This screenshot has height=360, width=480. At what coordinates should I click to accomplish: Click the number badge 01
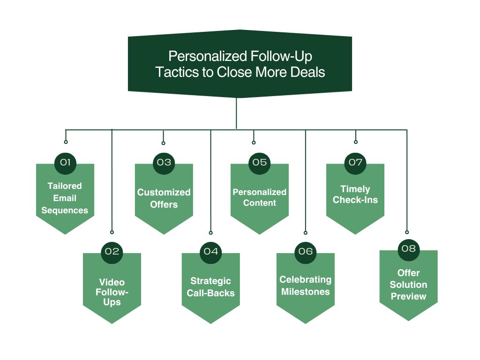(65, 163)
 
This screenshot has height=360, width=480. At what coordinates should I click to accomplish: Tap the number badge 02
(112, 251)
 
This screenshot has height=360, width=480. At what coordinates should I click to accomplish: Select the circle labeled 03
(164, 163)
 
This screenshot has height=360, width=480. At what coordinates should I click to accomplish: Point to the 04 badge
(211, 251)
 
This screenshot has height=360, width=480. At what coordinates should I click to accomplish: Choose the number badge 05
(259, 163)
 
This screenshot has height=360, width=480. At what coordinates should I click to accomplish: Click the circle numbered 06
(306, 251)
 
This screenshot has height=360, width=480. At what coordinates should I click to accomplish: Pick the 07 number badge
(355, 163)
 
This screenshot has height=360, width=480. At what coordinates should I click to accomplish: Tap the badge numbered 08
(408, 248)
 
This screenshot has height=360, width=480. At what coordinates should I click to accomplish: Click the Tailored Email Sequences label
(65, 198)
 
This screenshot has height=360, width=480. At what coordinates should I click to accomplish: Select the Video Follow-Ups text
(112, 292)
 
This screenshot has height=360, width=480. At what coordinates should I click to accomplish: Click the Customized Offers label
(164, 198)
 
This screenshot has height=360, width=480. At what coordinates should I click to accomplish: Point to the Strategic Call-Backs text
(210, 287)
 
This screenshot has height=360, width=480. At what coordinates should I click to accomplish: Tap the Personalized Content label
(259, 197)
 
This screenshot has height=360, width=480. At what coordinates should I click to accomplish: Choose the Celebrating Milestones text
(305, 285)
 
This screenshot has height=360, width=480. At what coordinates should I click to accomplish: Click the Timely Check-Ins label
(355, 195)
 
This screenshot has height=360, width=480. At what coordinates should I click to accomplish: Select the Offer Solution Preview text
(408, 285)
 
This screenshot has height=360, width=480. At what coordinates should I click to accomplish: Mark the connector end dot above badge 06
(306, 232)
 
